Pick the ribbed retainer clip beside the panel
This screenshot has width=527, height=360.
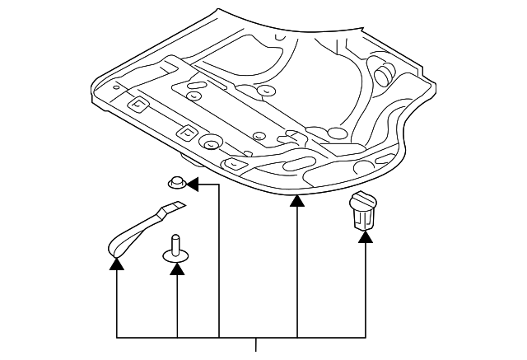[x=363, y=211]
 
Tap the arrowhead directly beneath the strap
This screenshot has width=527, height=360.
[x=117, y=264]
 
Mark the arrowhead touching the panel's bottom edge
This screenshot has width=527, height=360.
[x=297, y=200]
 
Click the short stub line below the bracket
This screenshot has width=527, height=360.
[x=258, y=344]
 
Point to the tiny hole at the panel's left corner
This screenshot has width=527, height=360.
[x=115, y=86]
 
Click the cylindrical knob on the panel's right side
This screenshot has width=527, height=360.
[x=384, y=73]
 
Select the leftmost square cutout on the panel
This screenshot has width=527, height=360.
[x=138, y=105]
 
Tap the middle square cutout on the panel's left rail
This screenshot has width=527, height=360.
[x=186, y=132]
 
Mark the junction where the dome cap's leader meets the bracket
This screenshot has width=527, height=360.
[x=219, y=338]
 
